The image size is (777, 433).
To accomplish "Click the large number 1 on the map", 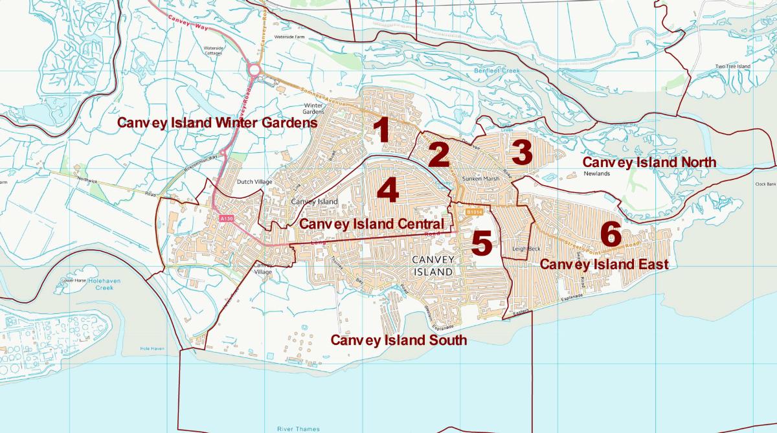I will pos(383,130).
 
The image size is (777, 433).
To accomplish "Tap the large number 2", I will pos(438,155).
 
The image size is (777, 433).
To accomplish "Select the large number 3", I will pos(521,152).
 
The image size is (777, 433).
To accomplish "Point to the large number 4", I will pos(387,191).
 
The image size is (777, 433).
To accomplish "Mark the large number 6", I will pos(611,234).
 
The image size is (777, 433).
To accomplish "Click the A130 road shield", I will pos(225,219).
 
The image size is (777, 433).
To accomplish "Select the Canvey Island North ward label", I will pos(649,162).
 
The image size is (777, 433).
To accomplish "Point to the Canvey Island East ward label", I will pos(604,264).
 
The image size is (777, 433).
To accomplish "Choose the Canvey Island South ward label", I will pos(398,340).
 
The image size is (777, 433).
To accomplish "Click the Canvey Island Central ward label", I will pos(372,224).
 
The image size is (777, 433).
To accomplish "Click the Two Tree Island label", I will pos(733,66).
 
